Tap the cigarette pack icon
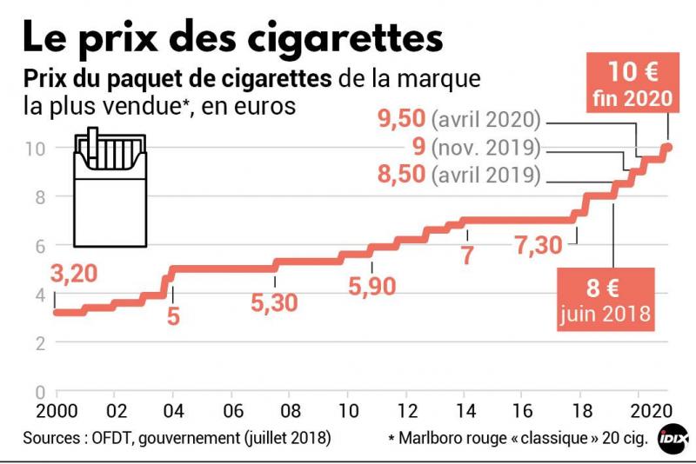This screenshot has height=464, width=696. (110, 186)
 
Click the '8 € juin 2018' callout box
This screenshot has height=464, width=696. (606, 297)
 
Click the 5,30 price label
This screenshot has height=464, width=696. (274, 302)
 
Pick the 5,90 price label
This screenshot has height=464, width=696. (372, 286)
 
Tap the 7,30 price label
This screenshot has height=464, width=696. (539, 247)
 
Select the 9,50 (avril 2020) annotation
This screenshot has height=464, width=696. (459, 118)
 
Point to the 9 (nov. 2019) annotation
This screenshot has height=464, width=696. (474, 147)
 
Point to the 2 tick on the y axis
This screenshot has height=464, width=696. (38, 343)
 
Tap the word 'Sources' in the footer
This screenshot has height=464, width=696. (51, 438)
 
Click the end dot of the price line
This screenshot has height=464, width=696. (668, 147)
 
